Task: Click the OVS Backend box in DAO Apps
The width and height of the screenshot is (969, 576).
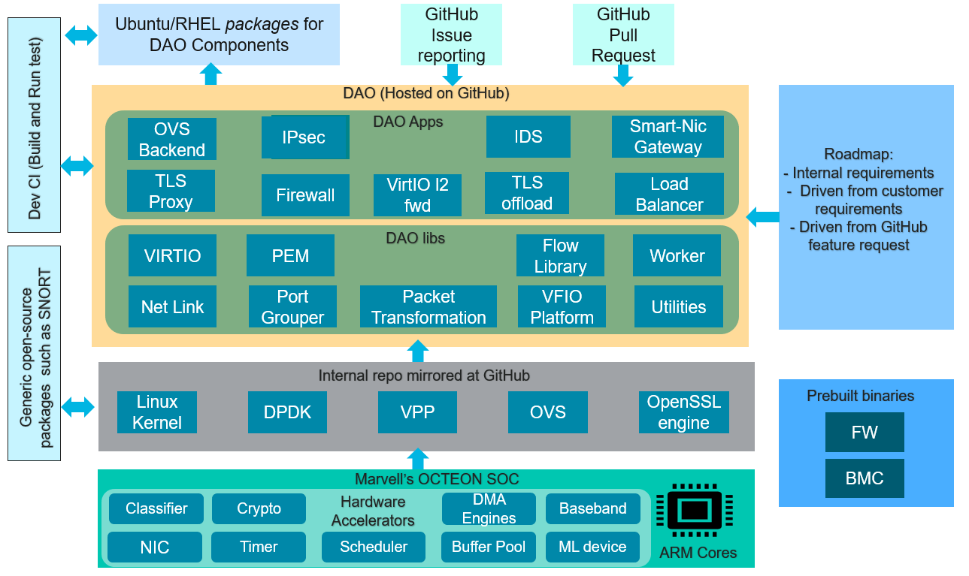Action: (172, 139)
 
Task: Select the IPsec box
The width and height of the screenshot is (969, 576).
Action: (305, 137)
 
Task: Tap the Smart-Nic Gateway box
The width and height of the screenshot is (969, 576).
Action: (668, 137)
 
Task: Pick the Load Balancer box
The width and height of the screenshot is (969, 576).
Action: (669, 195)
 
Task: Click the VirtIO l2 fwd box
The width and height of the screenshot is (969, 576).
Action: (417, 195)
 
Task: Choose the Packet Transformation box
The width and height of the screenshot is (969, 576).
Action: (428, 306)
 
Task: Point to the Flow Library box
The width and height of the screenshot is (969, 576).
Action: (560, 255)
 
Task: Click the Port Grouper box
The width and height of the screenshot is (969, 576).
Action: (292, 306)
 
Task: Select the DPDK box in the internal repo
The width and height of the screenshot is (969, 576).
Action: (287, 412)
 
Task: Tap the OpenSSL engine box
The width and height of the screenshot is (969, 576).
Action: (683, 412)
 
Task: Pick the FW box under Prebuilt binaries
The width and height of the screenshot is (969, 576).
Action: (865, 433)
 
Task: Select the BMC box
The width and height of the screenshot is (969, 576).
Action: (865, 478)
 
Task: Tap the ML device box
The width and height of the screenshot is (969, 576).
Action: (592, 547)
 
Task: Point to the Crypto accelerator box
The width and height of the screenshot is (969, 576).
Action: (259, 508)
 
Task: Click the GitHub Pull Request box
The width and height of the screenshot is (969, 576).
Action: (623, 35)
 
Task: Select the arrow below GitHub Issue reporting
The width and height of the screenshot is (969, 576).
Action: (452, 74)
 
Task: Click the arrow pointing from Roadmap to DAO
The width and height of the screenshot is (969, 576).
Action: (762, 218)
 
